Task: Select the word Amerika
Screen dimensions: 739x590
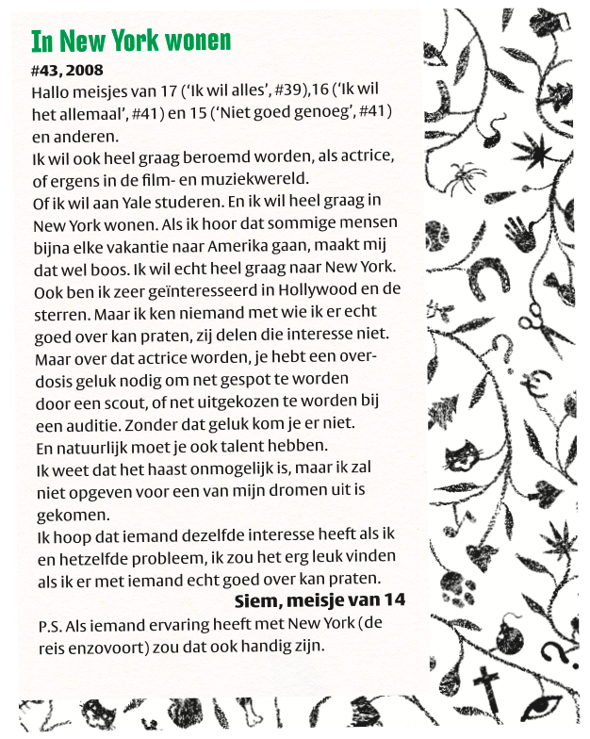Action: (234, 244)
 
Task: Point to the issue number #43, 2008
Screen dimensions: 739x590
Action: (67, 70)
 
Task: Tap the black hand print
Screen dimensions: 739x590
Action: (518, 232)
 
